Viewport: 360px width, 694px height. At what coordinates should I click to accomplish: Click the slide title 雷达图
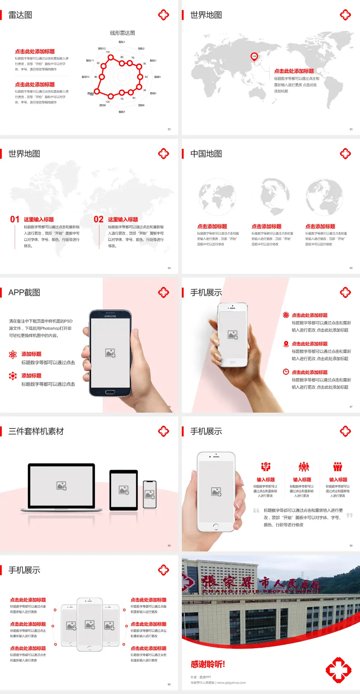pos(20,15)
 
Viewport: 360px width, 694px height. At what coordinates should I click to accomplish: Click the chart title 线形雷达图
pos(122,33)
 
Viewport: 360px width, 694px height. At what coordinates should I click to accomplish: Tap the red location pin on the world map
pos(254,57)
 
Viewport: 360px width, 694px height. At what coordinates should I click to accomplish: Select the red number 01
pos(15,219)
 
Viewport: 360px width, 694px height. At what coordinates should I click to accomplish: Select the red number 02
pos(99,219)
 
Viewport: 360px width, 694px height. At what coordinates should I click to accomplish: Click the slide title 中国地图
pos(206,154)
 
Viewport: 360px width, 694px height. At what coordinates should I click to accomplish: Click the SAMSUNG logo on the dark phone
pos(110,316)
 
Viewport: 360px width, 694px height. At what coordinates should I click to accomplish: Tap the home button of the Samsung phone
pos(110,392)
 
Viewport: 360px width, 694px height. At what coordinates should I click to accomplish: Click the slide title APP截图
pos(24,293)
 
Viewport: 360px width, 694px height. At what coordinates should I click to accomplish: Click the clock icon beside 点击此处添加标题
pos(286,372)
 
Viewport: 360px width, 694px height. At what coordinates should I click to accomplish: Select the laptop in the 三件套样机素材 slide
pos(61,487)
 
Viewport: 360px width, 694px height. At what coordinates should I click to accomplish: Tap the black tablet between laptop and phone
pos(124,490)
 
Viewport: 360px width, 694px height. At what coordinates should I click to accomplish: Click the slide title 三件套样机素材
pos(36,431)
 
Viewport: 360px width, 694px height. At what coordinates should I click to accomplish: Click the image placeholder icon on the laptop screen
pos(61,486)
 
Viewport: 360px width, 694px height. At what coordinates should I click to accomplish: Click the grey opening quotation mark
pos(256,510)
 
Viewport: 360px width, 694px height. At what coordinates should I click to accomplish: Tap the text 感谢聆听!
pos(208,664)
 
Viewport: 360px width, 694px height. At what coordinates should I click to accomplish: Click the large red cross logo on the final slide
pos(338,670)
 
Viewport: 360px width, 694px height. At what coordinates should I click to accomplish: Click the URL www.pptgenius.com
pos(231,683)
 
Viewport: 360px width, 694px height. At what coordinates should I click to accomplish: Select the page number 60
pos(169,685)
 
